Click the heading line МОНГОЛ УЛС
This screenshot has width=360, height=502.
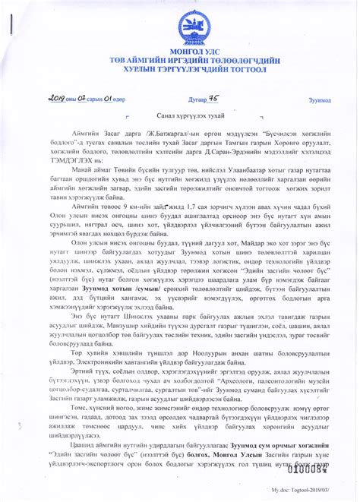click(x=179, y=50)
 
